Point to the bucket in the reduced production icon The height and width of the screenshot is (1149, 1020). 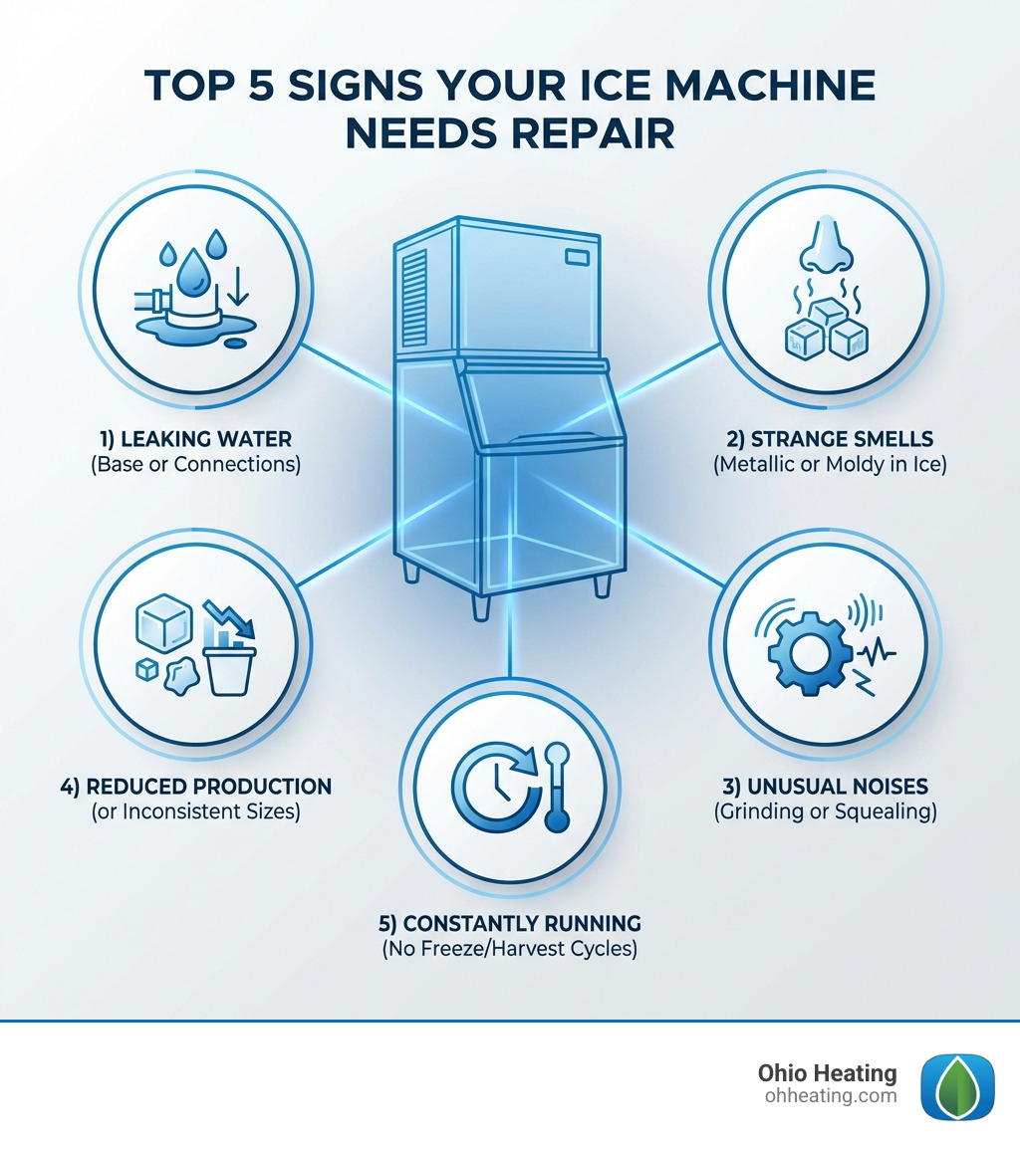[x=231, y=666]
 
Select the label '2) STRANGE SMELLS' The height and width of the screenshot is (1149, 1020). [x=826, y=438]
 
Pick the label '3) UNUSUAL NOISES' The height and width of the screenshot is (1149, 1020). [x=826, y=786]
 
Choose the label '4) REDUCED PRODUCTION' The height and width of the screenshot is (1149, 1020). [x=195, y=786]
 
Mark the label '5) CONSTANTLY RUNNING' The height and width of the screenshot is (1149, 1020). [x=509, y=922]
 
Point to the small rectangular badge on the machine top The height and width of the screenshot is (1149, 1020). [x=578, y=258]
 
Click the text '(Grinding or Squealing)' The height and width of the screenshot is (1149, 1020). [x=826, y=811]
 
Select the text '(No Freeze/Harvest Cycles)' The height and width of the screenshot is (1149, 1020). [x=509, y=949]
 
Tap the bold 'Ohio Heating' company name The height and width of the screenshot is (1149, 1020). [x=827, y=1073]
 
